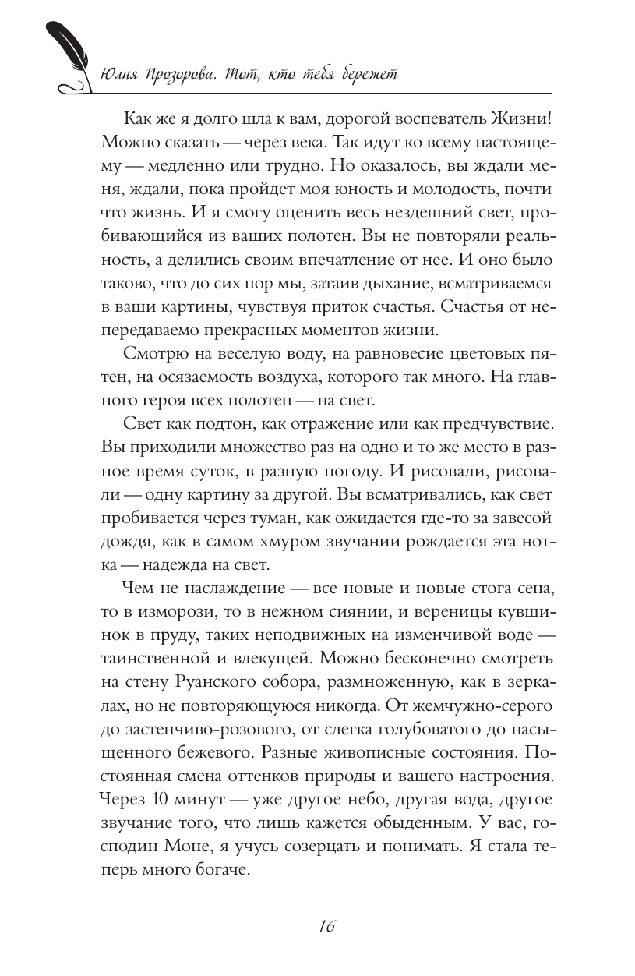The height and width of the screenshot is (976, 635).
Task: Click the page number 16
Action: (x=326, y=926)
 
